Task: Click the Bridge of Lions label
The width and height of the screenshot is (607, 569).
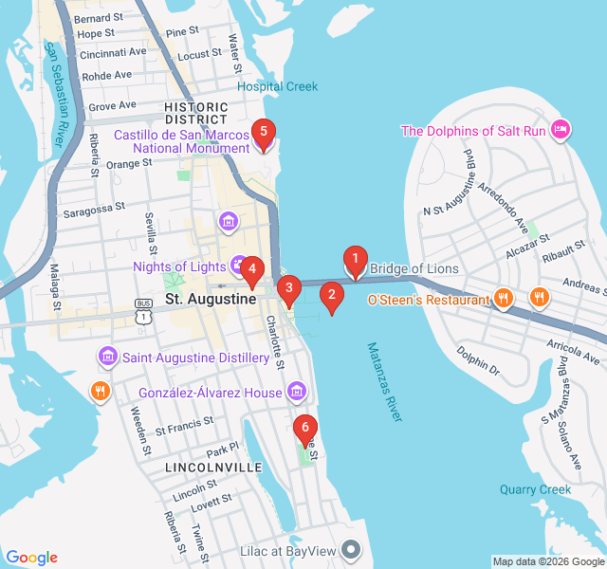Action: coord(414,269)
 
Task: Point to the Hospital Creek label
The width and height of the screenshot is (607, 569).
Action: coord(277,86)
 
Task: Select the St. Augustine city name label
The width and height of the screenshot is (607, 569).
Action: coord(211,299)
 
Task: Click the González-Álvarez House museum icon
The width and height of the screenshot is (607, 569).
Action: coord(296,391)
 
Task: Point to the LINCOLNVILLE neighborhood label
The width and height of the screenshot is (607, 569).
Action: coord(213,468)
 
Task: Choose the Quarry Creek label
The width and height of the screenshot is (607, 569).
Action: coord(536,489)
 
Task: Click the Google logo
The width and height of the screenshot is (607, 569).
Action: coord(31,558)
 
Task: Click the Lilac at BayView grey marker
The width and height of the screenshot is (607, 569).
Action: coord(352,549)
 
